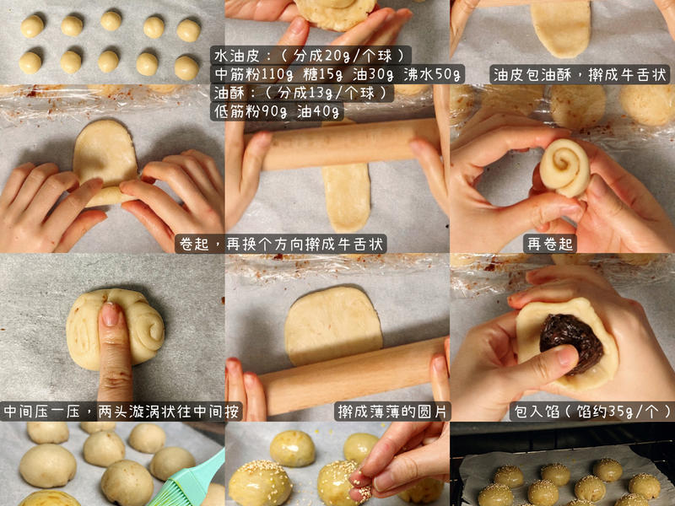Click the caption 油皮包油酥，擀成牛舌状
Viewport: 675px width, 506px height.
click(x=581, y=75)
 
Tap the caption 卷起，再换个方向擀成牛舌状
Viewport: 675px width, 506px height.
click(x=281, y=244)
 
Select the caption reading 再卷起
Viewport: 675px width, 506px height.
click(x=550, y=244)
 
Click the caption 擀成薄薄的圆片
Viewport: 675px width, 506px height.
click(x=393, y=412)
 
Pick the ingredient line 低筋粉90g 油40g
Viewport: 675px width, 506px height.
click(x=278, y=111)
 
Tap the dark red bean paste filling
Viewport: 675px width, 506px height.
click(x=571, y=341)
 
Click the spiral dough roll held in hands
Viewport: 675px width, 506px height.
click(x=564, y=168)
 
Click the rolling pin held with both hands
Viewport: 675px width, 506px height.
click(x=350, y=144)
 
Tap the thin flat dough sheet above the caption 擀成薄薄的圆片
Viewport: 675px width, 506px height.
click(x=332, y=325)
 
